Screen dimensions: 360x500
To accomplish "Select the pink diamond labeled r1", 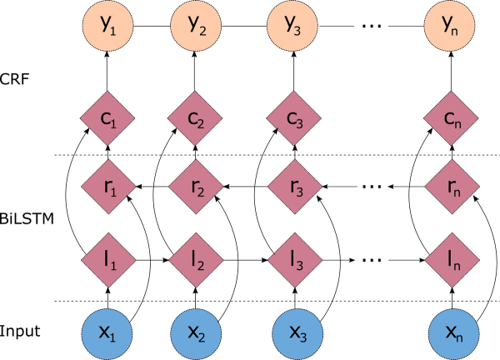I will pos(109,187).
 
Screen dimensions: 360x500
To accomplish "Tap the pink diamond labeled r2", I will pos(195,187).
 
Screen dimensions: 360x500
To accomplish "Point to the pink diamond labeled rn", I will pos(449,187).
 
